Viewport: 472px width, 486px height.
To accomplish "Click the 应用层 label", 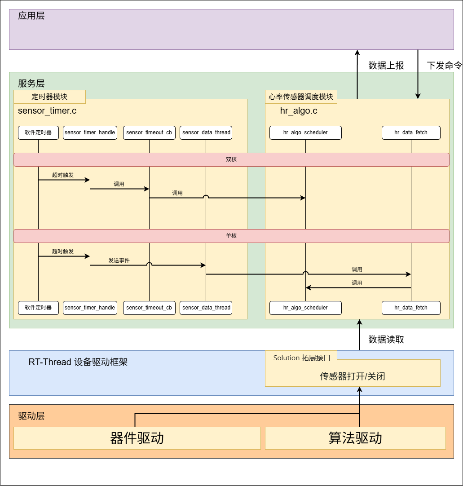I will tap(31, 16).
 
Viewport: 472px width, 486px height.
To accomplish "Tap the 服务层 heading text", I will tap(31, 84).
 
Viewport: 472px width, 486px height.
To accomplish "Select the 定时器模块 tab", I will tap(49, 97).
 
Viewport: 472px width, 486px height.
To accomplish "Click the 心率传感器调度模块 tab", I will tap(301, 97).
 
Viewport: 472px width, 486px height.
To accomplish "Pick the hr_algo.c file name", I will tap(299, 110).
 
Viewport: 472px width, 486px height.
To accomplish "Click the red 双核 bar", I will tap(231, 159).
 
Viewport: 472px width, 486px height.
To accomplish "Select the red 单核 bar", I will tap(231, 236).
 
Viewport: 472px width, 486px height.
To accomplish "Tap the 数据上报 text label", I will tap(386, 66).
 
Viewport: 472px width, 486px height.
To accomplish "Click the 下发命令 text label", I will tap(444, 66).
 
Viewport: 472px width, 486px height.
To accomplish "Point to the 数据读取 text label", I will tap(386, 340).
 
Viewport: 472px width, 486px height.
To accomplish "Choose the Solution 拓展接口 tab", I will tap(301, 358).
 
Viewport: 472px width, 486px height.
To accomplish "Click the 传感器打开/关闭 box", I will tap(353, 376).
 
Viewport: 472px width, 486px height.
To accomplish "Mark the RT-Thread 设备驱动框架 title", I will tap(78, 362).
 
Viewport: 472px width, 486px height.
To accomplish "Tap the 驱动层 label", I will tap(31, 416).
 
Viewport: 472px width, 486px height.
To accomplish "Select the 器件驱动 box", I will tap(137, 438).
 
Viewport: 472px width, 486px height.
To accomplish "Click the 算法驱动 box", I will tap(355, 438).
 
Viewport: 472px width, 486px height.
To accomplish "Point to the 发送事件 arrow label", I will tap(119, 261).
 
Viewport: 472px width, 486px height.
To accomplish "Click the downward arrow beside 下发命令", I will tap(418, 74).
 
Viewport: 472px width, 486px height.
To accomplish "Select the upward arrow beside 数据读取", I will tap(359, 335).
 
